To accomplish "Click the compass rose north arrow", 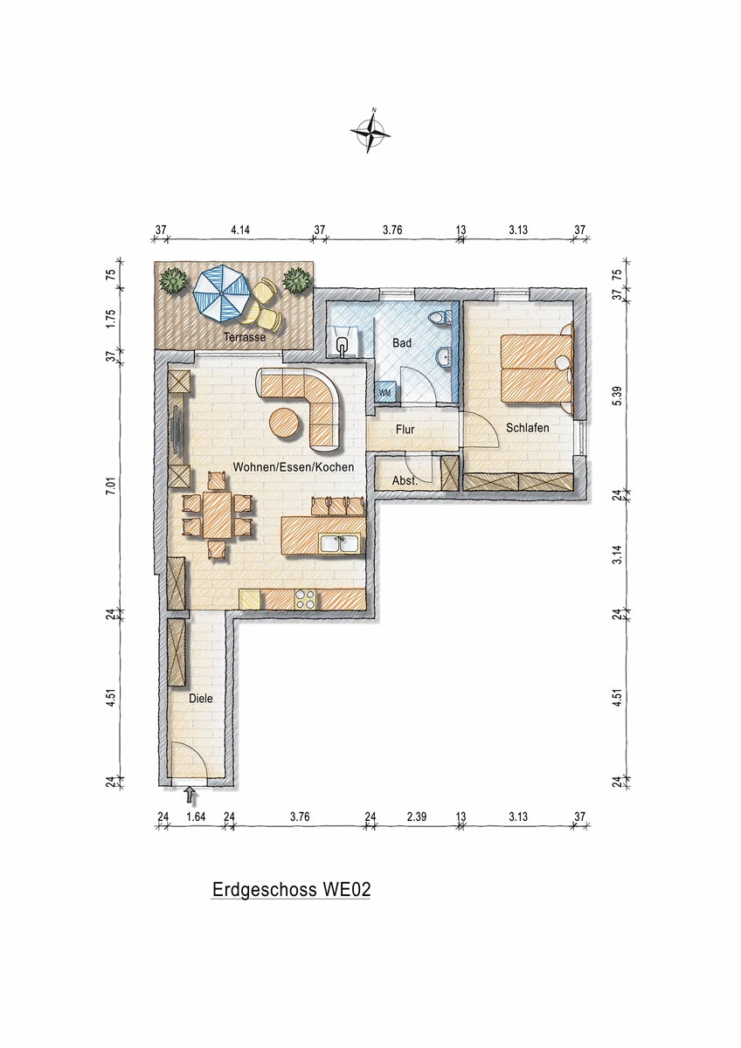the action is (x=370, y=130).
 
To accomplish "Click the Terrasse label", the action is (x=245, y=337).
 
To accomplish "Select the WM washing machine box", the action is (x=385, y=392).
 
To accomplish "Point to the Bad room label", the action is (x=402, y=343).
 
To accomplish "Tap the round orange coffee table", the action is (x=285, y=422).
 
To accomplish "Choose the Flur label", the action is (x=405, y=429).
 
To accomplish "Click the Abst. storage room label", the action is (x=405, y=480).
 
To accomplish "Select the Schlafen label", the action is (x=528, y=428).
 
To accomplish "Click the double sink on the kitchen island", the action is (x=340, y=543).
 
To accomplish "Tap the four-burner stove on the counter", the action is (x=305, y=599).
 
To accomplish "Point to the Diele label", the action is (x=201, y=699).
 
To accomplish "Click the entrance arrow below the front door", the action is (x=190, y=794).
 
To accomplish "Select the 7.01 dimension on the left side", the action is (x=110, y=486).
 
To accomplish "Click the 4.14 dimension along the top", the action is (x=240, y=230).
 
